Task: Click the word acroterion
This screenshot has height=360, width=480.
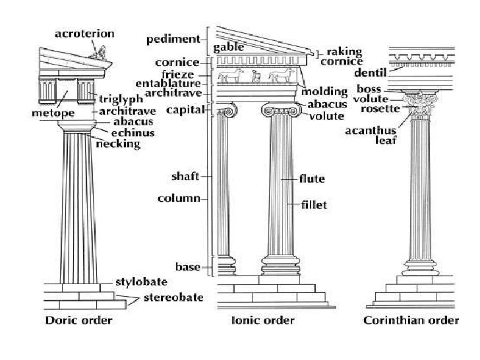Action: [84, 34]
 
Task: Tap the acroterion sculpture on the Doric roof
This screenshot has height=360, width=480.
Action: [98, 53]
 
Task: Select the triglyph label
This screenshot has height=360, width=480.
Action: [121, 100]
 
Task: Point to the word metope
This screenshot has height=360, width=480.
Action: [53, 113]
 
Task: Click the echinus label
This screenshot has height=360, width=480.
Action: [133, 133]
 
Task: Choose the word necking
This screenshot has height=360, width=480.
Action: [118, 144]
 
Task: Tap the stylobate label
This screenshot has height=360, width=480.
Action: [141, 282]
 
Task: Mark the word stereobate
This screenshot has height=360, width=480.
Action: [173, 297]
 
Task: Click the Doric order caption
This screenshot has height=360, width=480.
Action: [79, 320]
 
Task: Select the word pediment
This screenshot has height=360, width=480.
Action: [173, 40]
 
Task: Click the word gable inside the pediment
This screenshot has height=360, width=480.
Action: [229, 47]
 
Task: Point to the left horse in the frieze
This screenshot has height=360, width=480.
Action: [231, 75]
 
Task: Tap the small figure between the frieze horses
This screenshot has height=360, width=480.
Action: [256, 76]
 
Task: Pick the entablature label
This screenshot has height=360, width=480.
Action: [168, 83]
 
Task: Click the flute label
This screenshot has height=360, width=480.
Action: [312, 179]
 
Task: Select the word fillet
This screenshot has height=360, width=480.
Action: [314, 205]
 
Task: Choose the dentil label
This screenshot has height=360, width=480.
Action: [371, 73]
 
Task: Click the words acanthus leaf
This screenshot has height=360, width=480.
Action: [371, 135]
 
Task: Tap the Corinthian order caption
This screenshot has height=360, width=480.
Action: [411, 320]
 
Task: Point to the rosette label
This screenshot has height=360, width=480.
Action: [380, 109]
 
